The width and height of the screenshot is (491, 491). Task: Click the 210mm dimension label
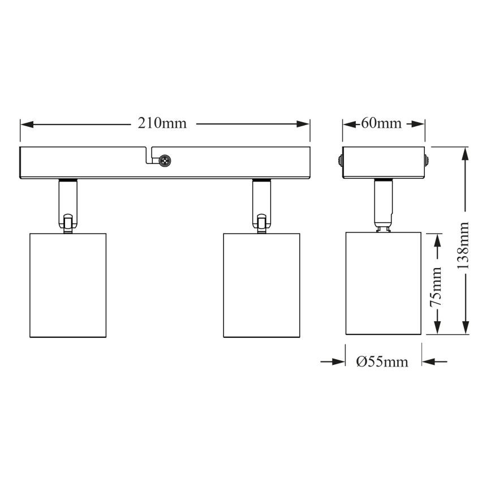click(x=162, y=123)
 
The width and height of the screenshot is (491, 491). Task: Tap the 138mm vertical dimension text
click(x=465, y=244)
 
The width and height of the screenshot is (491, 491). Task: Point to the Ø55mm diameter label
click(x=382, y=362)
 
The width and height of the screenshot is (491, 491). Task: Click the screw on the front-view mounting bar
click(x=165, y=161)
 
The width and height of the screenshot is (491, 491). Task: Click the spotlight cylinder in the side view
click(x=384, y=283)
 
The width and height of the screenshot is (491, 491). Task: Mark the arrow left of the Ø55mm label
click(x=336, y=361)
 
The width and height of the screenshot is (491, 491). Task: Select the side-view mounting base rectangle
click(x=384, y=162)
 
